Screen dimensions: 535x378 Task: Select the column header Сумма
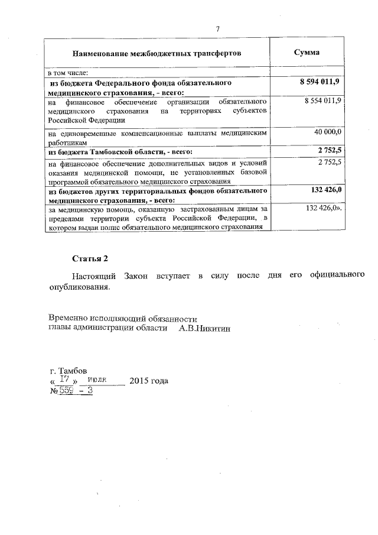point(307,53)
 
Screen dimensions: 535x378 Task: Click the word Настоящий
point(94,277)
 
